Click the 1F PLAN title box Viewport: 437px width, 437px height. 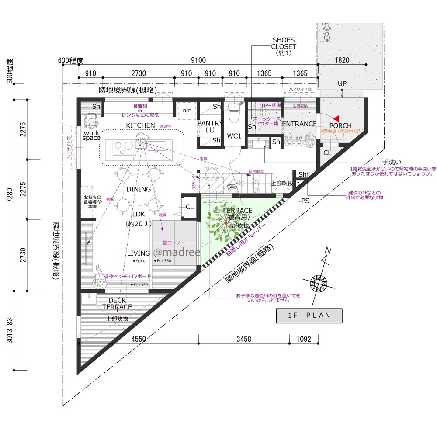(309, 316)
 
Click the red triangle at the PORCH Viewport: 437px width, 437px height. (336, 119)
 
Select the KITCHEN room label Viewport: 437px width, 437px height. (140, 125)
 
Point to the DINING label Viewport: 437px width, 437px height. (139, 189)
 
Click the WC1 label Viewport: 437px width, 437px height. (234, 136)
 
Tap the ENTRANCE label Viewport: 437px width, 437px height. (299, 124)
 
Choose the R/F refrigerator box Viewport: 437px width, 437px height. (186, 111)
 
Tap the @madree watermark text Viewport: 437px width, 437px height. (176, 253)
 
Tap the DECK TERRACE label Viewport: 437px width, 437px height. (117, 303)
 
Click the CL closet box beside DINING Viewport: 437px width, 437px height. (189, 207)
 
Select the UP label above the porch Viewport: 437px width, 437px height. (342, 83)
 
